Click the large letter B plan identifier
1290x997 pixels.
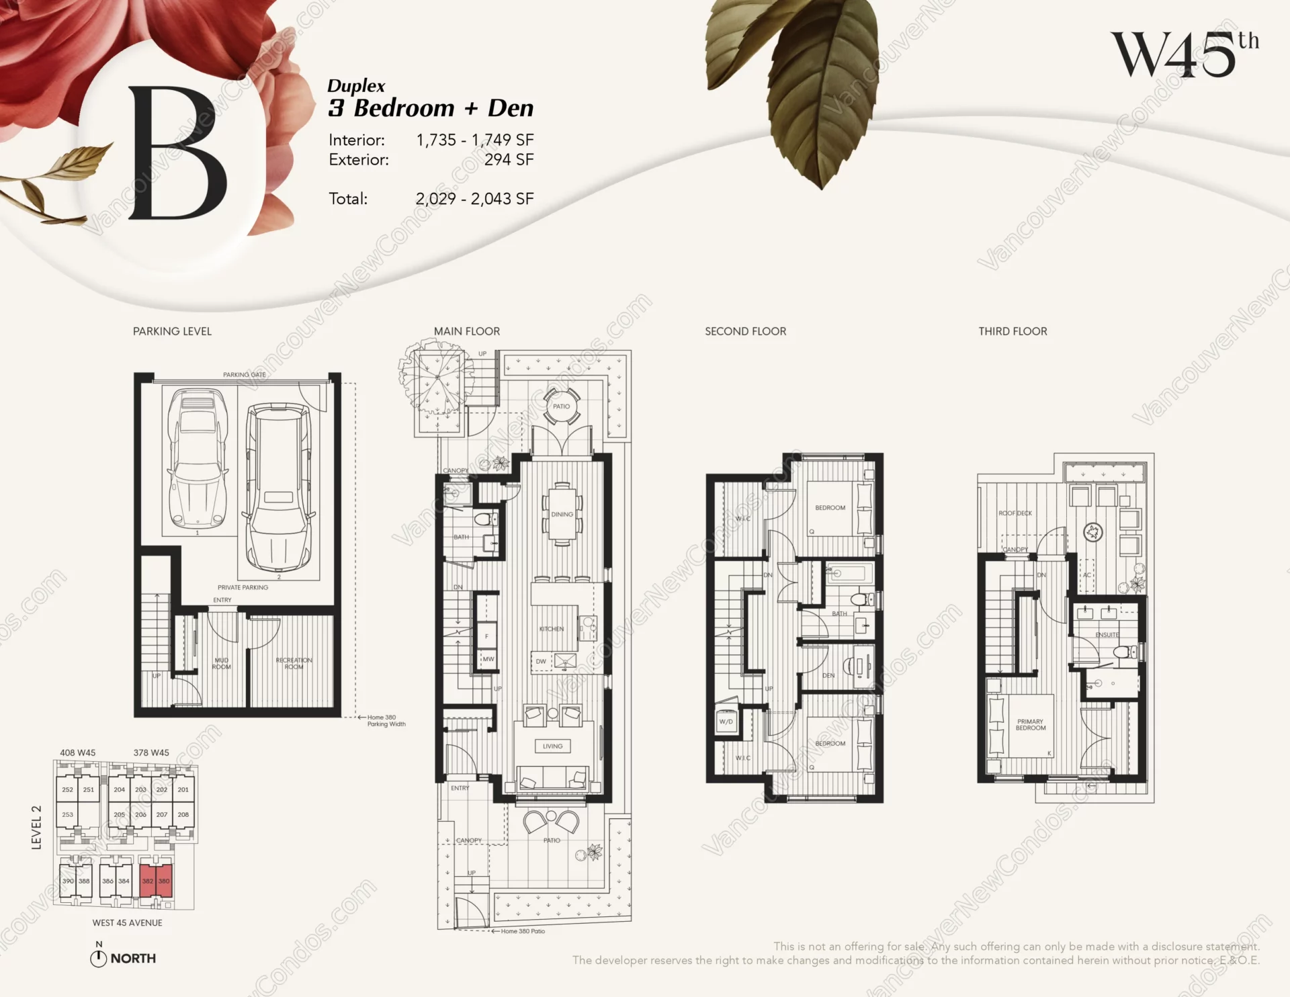pyautogui.click(x=177, y=154)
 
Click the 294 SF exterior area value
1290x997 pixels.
pyautogui.click(x=509, y=160)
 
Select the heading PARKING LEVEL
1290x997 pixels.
pyautogui.click(x=172, y=331)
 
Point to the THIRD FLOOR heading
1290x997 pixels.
pyautogui.click(x=1013, y=331)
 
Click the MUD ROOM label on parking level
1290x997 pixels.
pyautogui.click(x=221, y=663)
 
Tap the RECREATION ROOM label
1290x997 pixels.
pyautogui.click(x=294, y=663)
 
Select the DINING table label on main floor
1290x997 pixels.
pyautogui.click(x=562, y=515)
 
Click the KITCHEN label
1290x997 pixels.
pyautogui.click(x=552, y=629)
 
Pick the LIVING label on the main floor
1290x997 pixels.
pyautogui.click(x=552, y=746)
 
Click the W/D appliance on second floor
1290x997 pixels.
pyautogui.click(x=726, y=722)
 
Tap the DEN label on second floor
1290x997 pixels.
pyautogui.click(x=828, y=675)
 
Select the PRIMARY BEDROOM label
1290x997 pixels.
pyautogui.click(x=1030, y=724)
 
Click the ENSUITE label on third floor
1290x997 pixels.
pyautogui.click(x=1107, y=635)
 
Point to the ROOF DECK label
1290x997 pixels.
pyautogui.click(x=1015, y=513)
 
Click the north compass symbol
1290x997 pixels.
pyautogui.click(x=98, y=959)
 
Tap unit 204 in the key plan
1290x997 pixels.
pyautogui.click(x=119, y=789)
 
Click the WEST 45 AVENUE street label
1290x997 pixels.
pyautogui.click(x=127, y=922)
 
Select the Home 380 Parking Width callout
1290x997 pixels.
pyautogui.click(x=386, y=720)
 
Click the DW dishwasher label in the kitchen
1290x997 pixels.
pyautogui.click(x=541, y=661)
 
